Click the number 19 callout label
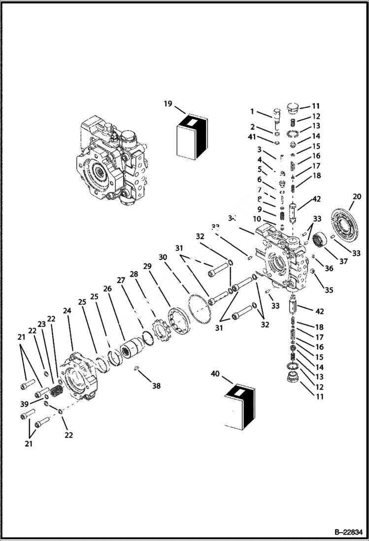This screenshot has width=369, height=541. point(168,104)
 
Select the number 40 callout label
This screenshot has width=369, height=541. point(215,374)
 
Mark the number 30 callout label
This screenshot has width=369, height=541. point(163,257)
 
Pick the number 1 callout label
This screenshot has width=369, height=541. point(253,111)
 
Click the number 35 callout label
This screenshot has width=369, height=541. point(329,290)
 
